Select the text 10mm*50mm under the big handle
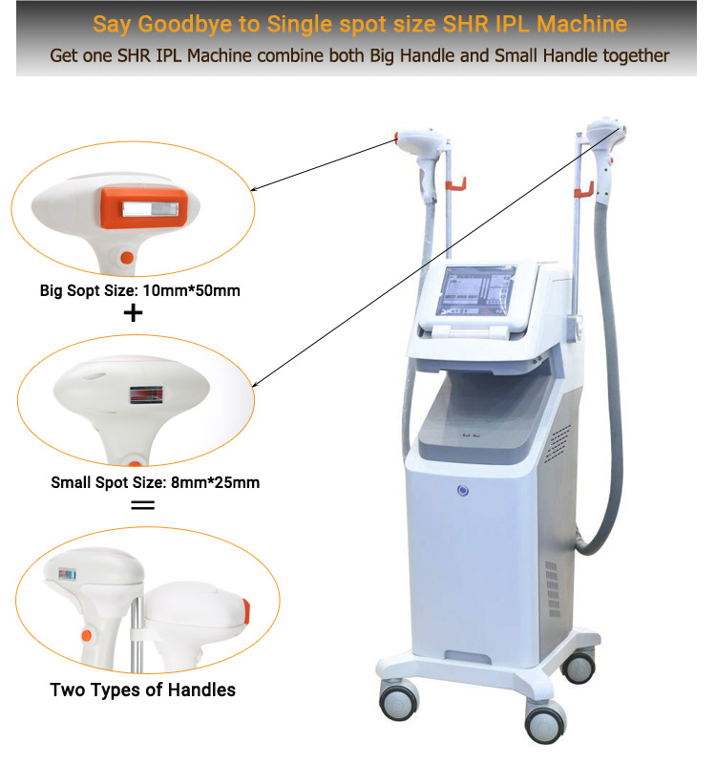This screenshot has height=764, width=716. click(x=192, y=291)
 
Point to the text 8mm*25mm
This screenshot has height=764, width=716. click(x=216, y=482)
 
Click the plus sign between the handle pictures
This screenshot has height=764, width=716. click(x=133, y=313)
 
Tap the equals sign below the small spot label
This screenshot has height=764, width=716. click(x=142, y=505)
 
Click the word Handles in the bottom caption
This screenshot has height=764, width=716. click(x=201, y=690)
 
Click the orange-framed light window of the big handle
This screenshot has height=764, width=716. click(x=144, y=208)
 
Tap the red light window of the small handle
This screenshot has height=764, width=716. click(x=146, y=394)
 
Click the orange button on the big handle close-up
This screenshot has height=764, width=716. click(x=127, y=258)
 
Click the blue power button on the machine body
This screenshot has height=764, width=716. click(x=463, y=491)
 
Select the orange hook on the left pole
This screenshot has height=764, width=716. click(x=456, y=185)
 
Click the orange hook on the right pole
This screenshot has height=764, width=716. click(x=584, y=189)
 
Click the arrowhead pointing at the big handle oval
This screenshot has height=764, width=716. click(x=253, y=189)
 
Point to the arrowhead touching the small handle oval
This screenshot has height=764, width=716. click(x=256, y=385)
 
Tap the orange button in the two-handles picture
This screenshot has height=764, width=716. click(x=87, y=635)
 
